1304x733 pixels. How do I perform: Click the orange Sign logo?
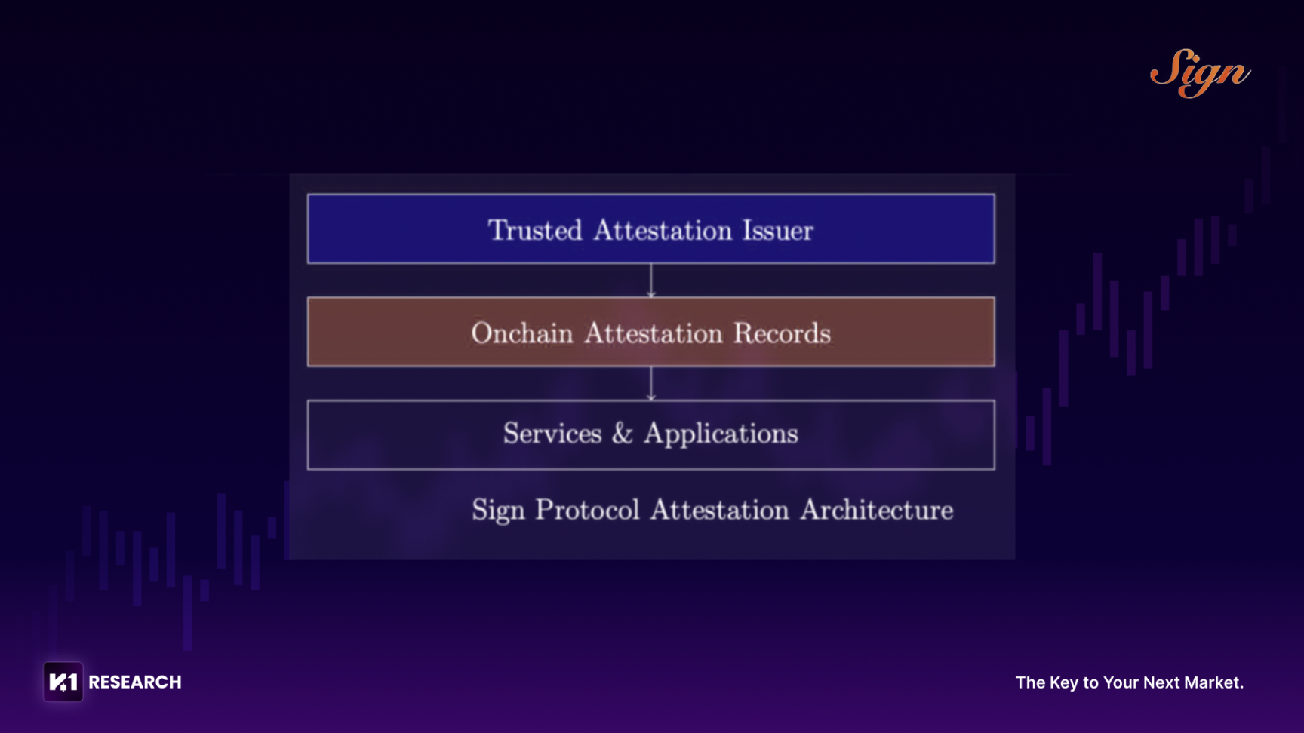click(1200, 73)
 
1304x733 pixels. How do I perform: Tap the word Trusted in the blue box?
click(535, 230)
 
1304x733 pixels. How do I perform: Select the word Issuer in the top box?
click(778, 230)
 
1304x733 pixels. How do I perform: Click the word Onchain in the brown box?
click(522, 333)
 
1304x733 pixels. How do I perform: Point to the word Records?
click(783, 333)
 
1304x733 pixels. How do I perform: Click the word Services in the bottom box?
click(552, 434)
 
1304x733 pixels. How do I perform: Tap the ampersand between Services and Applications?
click(623, 434)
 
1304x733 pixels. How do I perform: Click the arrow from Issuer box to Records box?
click(651, 280)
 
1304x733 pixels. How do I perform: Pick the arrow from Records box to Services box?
click(651, 383)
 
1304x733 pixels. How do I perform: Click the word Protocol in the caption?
click(588, 510)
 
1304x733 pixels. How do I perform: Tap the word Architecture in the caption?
click(877, 510)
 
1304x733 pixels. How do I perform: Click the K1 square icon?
click(63, 682)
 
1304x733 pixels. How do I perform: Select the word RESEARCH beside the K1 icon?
click(135, 682)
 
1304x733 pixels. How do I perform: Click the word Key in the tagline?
click(1064, 683)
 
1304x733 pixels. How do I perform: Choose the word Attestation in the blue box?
click(663, 230)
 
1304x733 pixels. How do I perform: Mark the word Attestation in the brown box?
click(654, 333)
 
